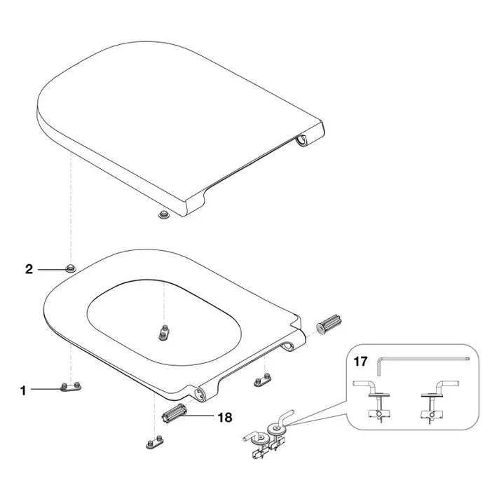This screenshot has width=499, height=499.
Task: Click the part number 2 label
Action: click(29, 268)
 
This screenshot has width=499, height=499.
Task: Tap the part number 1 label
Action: click(23, 391)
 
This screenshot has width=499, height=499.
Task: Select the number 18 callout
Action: click(225, 417)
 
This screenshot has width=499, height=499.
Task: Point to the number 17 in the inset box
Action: click(360, 362)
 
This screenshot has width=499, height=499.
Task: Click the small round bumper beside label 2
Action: click(71, 268)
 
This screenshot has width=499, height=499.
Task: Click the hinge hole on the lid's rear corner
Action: click(303, 142)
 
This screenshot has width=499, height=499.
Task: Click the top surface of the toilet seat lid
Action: click(175, 105)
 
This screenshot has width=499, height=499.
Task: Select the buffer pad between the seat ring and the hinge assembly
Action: click(262, 381)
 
